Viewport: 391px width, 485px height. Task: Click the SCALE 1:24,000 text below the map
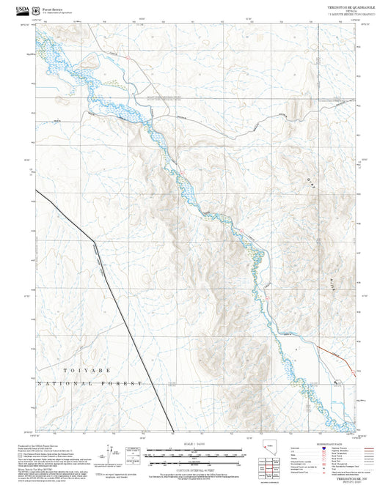click(x=195, y=442)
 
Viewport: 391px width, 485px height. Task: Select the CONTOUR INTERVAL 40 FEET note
click(x=195, y=465)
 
